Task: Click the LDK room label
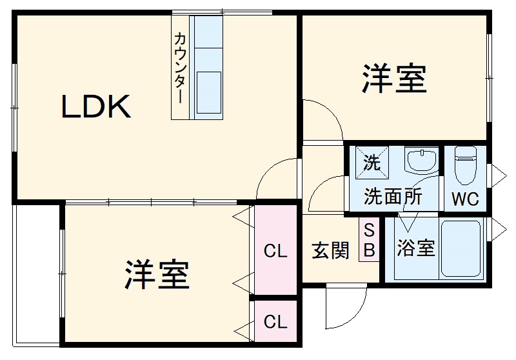(97, 107)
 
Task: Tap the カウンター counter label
(181, 68)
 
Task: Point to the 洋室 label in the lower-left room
(157, 274)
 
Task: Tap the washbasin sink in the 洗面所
(421, 160)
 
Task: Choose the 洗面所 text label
(393, 195)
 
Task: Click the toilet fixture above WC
(464, 165)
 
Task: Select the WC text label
(464, 199)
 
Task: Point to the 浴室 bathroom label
(416, 248)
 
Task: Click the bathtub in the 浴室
(461, 248)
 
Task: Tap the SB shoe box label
(369, 240)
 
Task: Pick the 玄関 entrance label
(331, 250)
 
